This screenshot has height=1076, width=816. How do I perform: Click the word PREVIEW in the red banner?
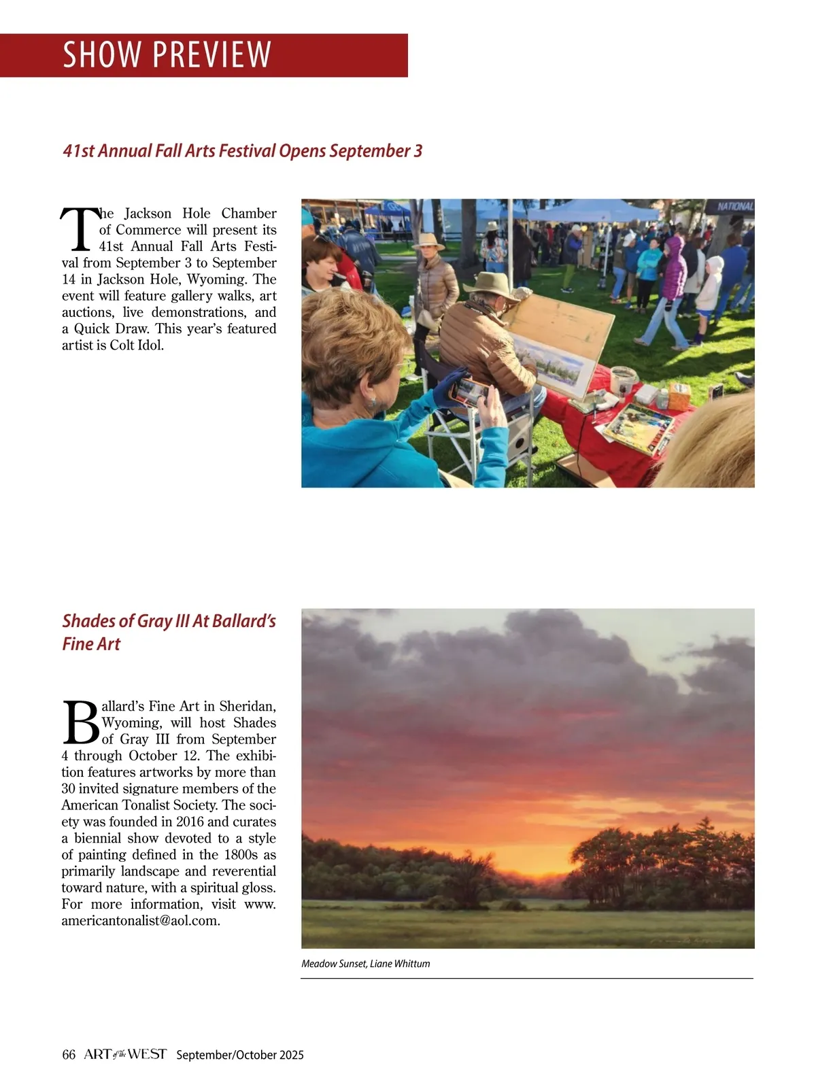[x=211, y=55]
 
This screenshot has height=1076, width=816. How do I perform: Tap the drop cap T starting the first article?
[x=78, y=228]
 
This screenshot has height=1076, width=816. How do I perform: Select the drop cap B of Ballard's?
[x=80, y=722]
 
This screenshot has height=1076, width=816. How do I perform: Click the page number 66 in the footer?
[x=69, y=1055]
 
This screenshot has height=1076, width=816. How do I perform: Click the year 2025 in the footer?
[x=290, y=1055]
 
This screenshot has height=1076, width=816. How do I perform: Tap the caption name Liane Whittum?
[x=400, y=964]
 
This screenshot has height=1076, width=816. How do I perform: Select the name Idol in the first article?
[x=151, y=345]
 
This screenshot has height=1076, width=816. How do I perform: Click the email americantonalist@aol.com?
[x=140, y=921]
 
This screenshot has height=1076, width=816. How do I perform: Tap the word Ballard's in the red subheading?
[x=243, y=621]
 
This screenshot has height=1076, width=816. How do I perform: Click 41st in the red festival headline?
[x=78, y=150]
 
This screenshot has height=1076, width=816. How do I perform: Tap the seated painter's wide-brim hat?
[x=490, y=284]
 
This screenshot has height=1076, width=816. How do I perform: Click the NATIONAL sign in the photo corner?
[x=734, y=206]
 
